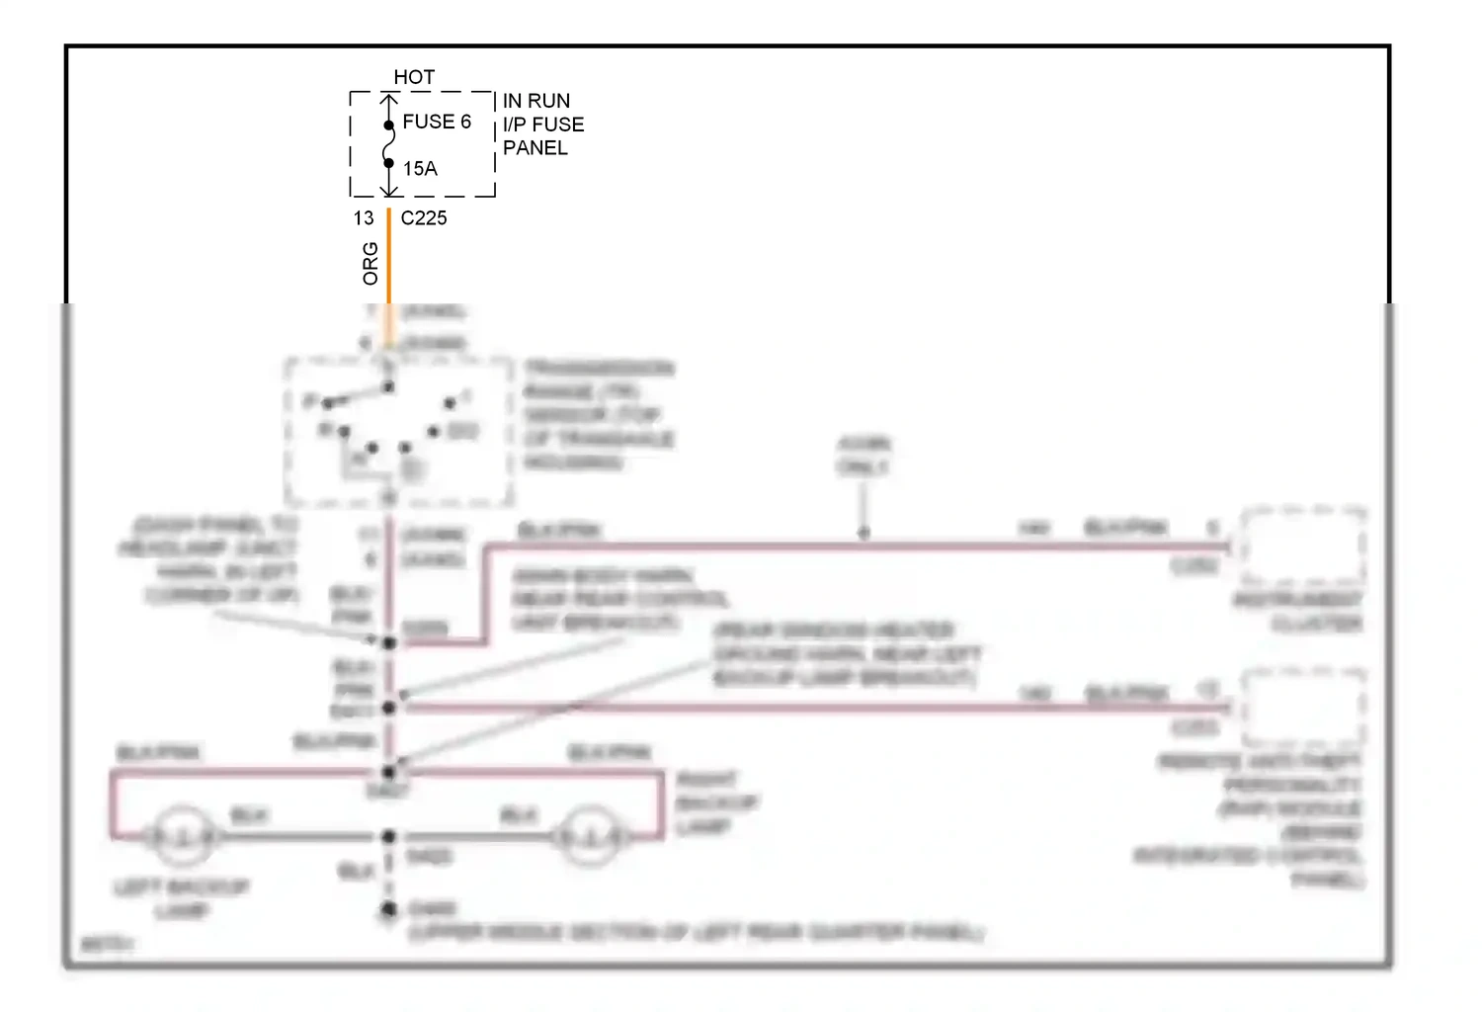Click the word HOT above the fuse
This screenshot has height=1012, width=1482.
[x=414, y=77]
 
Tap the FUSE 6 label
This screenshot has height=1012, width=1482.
[x=437, y=122]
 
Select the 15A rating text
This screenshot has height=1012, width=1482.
[x=420, y=169]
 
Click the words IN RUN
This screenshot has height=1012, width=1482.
[x=536, y=101]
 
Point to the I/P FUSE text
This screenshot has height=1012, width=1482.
[x=543, y=125]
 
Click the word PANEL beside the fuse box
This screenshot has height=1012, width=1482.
[x=535, y=148]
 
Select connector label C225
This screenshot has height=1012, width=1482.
[x=424, y=218]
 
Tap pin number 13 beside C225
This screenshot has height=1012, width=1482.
[x=364, y=218]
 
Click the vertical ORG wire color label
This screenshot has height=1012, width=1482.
[x=370, y=264]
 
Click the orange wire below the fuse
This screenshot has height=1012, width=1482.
[x=389, y=257]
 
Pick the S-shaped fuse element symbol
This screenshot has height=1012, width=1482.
[x=389, y=144]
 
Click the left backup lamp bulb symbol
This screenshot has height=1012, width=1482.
[x=181, y=837]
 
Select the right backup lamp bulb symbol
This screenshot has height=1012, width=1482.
[x=590, y=837]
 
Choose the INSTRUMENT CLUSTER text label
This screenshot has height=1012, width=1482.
[x=1300, y=612]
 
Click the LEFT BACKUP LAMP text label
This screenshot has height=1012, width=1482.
[x=182, y=898]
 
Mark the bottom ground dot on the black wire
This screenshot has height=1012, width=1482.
[x=389, y=909]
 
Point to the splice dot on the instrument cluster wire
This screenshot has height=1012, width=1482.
[x=864, y=534]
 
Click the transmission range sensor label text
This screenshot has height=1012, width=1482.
[x=599, y=415]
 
